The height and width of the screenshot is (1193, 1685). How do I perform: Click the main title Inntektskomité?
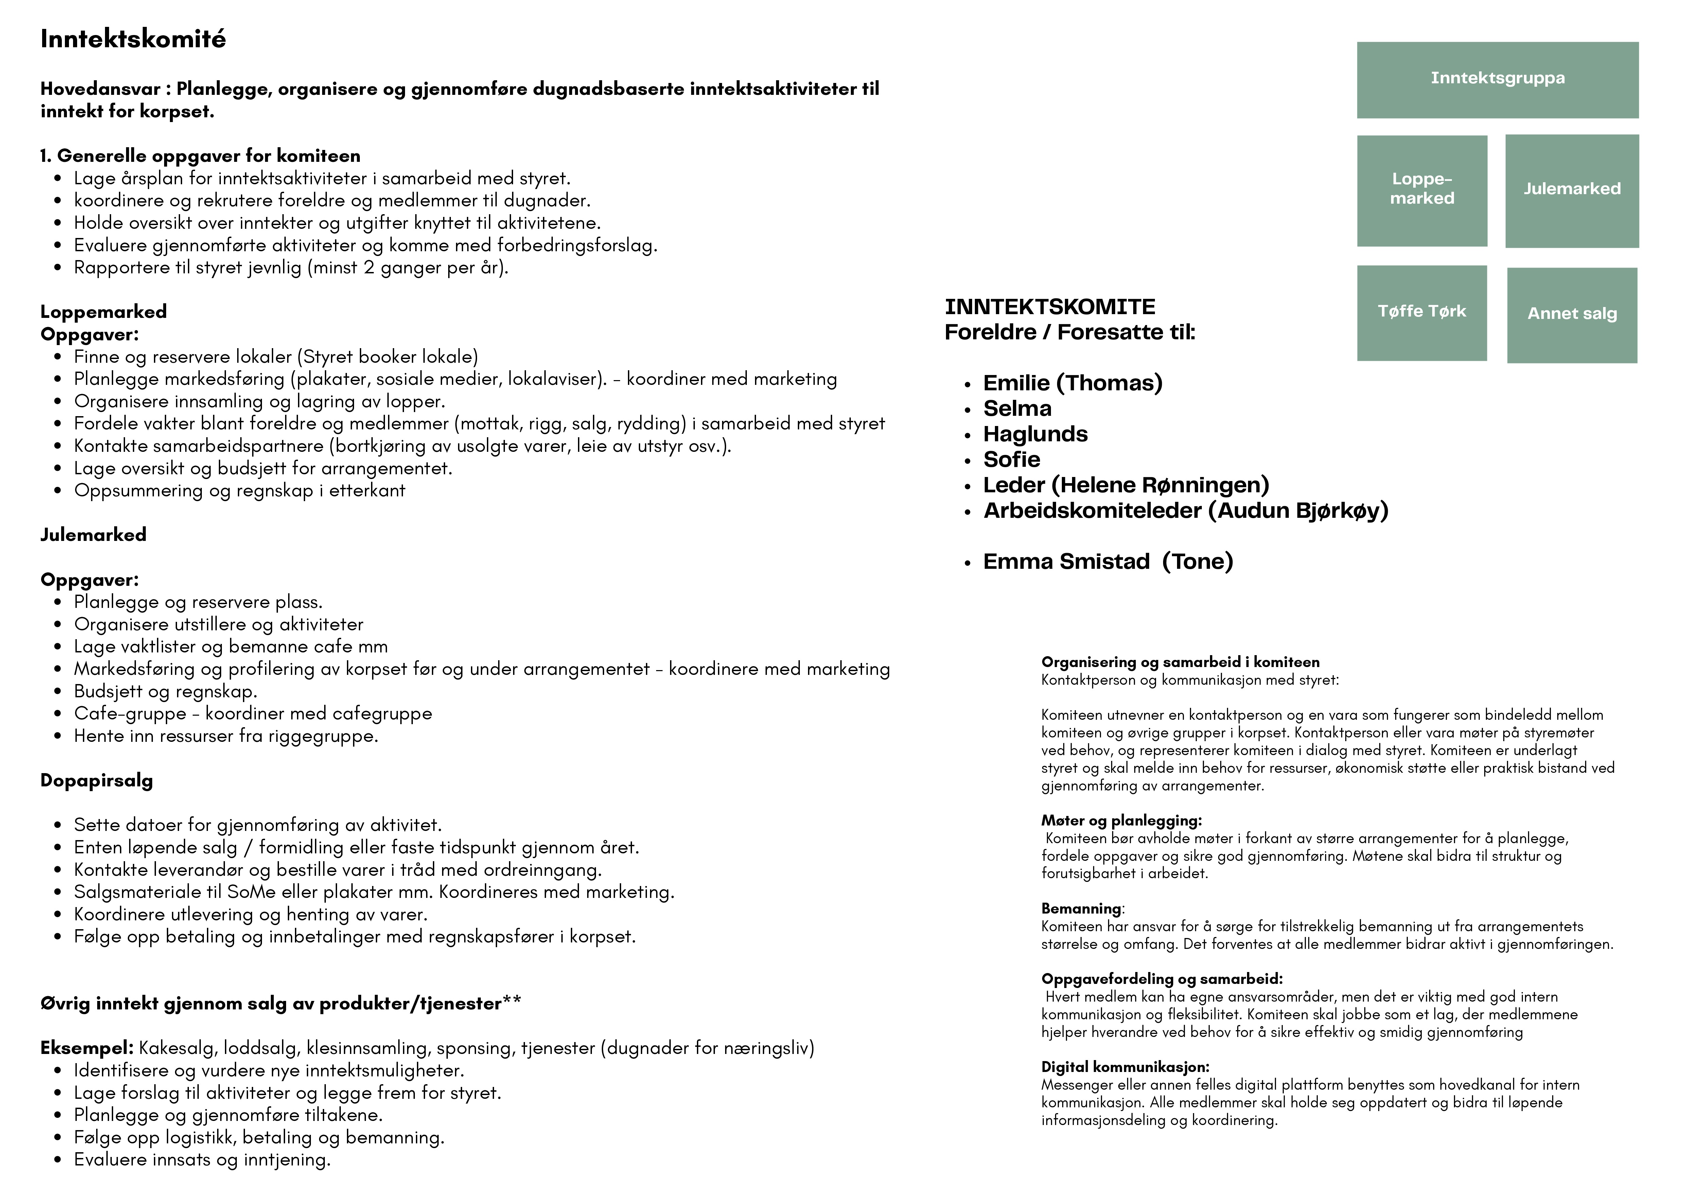click(x=133, y=39)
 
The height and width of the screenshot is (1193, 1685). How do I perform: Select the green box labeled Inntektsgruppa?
click(x=1497, y=79)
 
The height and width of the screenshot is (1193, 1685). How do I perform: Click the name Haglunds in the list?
click(x=1035, y=434)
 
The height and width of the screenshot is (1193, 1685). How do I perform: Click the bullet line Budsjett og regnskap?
click(x=165, y=691)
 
